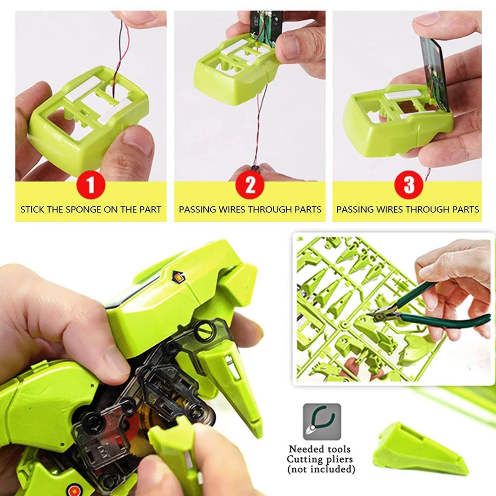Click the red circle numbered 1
pyautogui.click(x=90, y=185)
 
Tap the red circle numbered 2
pyautogui.click(x=250, y=185)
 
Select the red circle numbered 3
pyautogui.click(x=408, y=185)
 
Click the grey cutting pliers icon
pyautogui.click(x=322, y=422)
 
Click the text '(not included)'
pyautogui.click(x=322, y=469)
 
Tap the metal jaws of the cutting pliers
pyautogui.click(x=380, y=313)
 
